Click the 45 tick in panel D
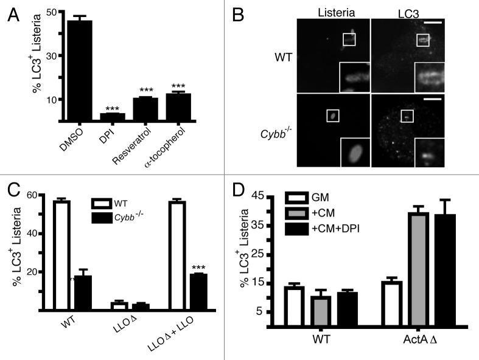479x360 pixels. (x=268, y=196)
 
